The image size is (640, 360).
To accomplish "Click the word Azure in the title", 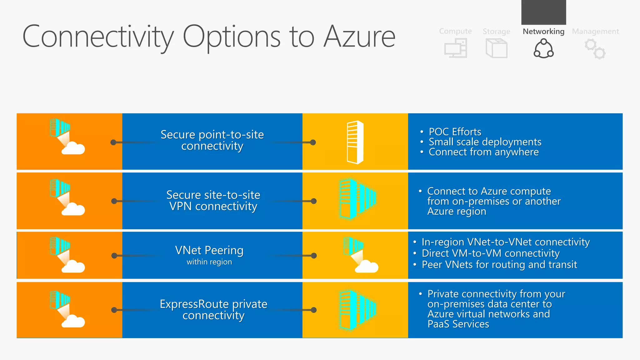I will [359, 37].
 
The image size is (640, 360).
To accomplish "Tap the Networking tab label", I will [543, 32].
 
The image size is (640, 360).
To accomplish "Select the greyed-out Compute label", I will [455, 31].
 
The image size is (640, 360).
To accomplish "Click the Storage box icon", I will [496, 48].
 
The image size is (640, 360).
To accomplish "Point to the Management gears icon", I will [595, 49].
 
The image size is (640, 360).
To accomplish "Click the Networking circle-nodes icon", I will [543, 49].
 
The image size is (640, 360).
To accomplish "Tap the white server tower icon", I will [355, 142].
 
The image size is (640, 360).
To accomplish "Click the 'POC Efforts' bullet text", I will [455, 132].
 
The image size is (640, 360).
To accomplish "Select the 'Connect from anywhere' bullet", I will [483, 152].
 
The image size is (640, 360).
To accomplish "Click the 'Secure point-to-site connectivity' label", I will [212, 140].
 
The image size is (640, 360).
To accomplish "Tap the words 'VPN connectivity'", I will [213, 206].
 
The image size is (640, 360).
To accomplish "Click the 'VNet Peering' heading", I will [209, 250].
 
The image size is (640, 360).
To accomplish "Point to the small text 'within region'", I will [209, 262].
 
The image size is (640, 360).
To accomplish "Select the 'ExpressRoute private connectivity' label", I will [213, 310].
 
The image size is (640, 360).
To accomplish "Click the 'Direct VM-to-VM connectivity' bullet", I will [490, 253].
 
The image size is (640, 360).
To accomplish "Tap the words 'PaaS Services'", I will [458, 324].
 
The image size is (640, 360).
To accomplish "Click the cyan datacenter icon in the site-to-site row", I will [357, 199].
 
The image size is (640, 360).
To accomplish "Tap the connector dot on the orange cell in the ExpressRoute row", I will [114, 310].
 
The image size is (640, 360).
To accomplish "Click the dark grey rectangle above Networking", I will [543, 12].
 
